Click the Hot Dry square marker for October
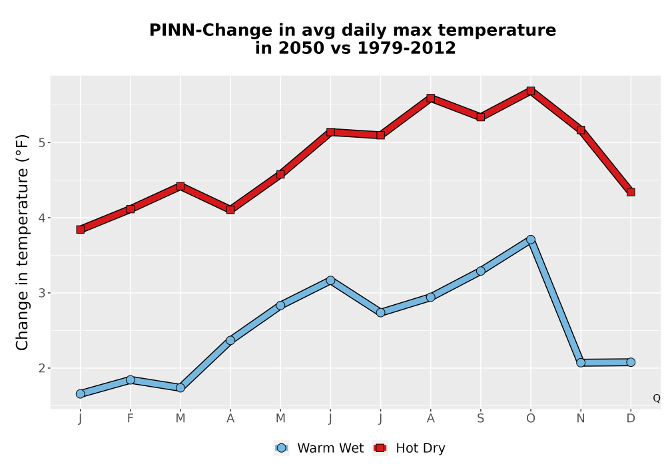(531, 91)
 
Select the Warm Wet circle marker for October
(531, 240)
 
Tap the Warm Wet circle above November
(581, 362)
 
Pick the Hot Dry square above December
(631, 192)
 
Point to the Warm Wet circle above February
(131, 380)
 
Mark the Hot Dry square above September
(480, 116)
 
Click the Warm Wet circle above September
(480, 271)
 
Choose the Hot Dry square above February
(131, 209)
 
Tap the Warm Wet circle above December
(631, 362)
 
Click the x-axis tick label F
(131, 419)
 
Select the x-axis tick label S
(480, 419)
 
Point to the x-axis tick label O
(531, 419)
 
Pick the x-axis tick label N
(581, 419)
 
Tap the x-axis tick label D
(631, 419)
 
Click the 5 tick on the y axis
(41, 142)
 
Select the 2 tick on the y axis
(41, 368)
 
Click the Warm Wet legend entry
(319, 448)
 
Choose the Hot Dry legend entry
(409, 448)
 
